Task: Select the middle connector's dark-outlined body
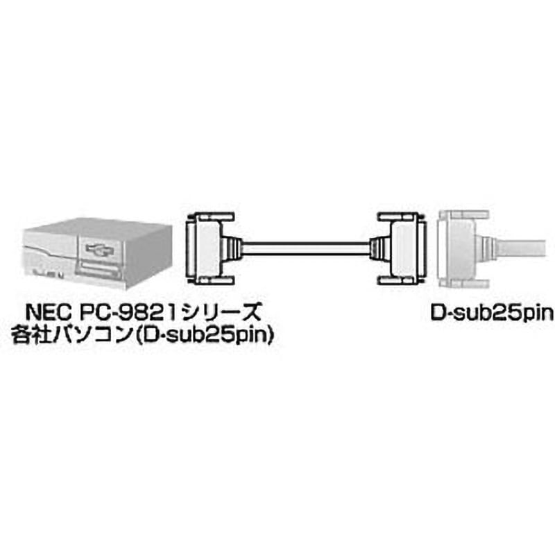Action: click(x=401, y=249)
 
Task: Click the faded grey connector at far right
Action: click(x=458, y=249)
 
